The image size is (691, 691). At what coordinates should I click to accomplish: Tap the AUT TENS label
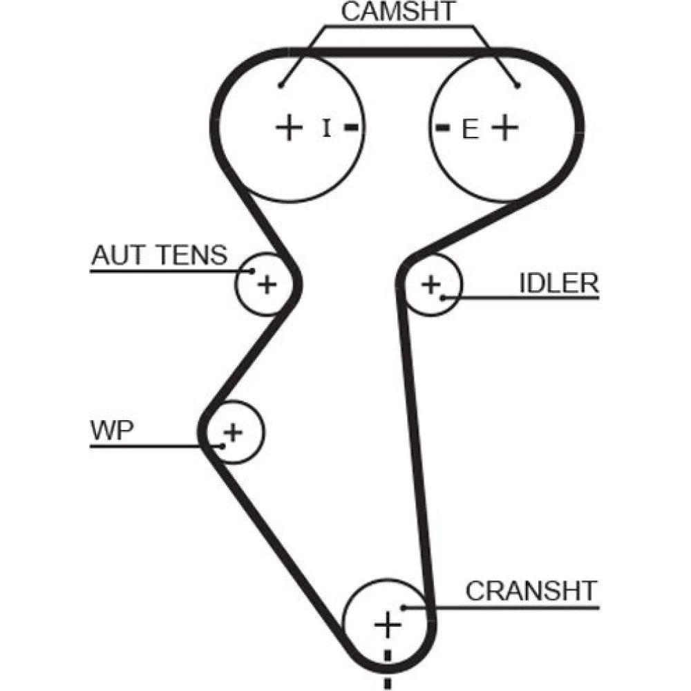pyautogui.click(x=159, y=256)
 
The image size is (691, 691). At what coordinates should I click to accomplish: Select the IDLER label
pyautogui.click(x=558, y=283)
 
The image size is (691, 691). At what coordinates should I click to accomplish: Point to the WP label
pyautogui.click(x=112, y=430)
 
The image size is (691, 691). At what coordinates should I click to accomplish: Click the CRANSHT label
pyautogui.click(x=530, y=591)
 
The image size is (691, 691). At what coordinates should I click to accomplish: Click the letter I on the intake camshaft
pyautogui.click(x=327, y=128)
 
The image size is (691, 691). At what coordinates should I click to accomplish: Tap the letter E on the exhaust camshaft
pyautogui.click(x=470, y=129)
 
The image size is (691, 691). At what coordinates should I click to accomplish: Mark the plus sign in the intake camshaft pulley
pyautogui.click(x=290, y=128)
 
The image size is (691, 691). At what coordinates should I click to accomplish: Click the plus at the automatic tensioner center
pyautogui.click(x=267, y=283)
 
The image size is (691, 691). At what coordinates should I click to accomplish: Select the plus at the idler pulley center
pyautogui.click(x=430, y=283)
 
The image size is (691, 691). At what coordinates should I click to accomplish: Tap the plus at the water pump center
pyautogui.click(x=234, y=433)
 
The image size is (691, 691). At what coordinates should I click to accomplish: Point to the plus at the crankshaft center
pyautogui.click(x=388, y=625)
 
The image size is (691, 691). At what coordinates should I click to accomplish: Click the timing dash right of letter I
pyautogui.click(x=352, y=128)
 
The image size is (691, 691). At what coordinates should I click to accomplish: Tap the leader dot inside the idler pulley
pyautogui.click(x=443, y=297)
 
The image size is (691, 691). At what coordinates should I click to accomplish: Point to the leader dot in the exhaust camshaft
pyautogui.click(x=517, y=86)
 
